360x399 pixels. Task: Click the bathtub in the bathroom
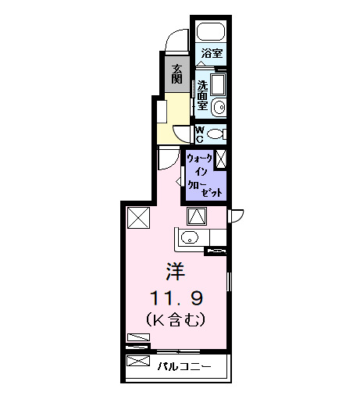click(x=210, y=33)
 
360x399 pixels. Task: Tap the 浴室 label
click(x=211, y=54)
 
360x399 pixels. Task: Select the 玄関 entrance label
click(x=177, y=73)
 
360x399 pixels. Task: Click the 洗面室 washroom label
click(x=201, y=94)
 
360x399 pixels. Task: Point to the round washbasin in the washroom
click(x=219, y=108)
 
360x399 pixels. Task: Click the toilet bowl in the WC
click(x=216, y=134)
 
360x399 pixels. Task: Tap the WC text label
click(x=199, y=134)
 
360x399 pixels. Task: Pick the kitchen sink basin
click(x=190, y=237)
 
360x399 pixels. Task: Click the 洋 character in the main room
click(x=174, y=271)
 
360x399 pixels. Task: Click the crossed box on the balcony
click(x=138, y=362)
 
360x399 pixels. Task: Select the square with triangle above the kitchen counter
click(x=196, y=216)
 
